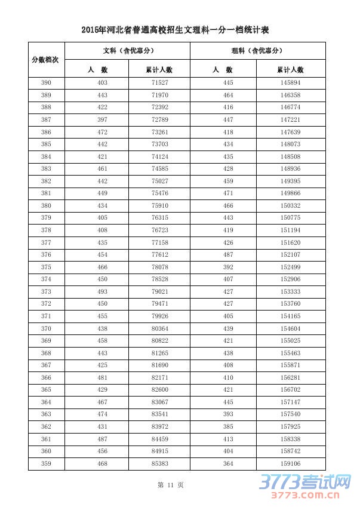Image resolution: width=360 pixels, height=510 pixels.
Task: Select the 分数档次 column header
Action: point(46,60)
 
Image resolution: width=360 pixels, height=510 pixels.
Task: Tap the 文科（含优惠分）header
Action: point(127,51)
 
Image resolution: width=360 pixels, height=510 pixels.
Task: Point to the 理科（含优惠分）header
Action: point(257,51)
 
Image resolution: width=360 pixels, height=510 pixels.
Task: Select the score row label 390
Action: point(46,82)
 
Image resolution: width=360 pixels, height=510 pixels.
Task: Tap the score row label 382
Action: point(46,181)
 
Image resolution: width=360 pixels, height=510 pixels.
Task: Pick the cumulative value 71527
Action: point(160,82)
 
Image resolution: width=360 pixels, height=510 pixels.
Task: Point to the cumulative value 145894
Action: point(290,82)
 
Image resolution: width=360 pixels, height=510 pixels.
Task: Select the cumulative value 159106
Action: point(290,464)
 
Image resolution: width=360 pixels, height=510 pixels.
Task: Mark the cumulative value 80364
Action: point(160,328)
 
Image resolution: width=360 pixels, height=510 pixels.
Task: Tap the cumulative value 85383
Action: point(160,464)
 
